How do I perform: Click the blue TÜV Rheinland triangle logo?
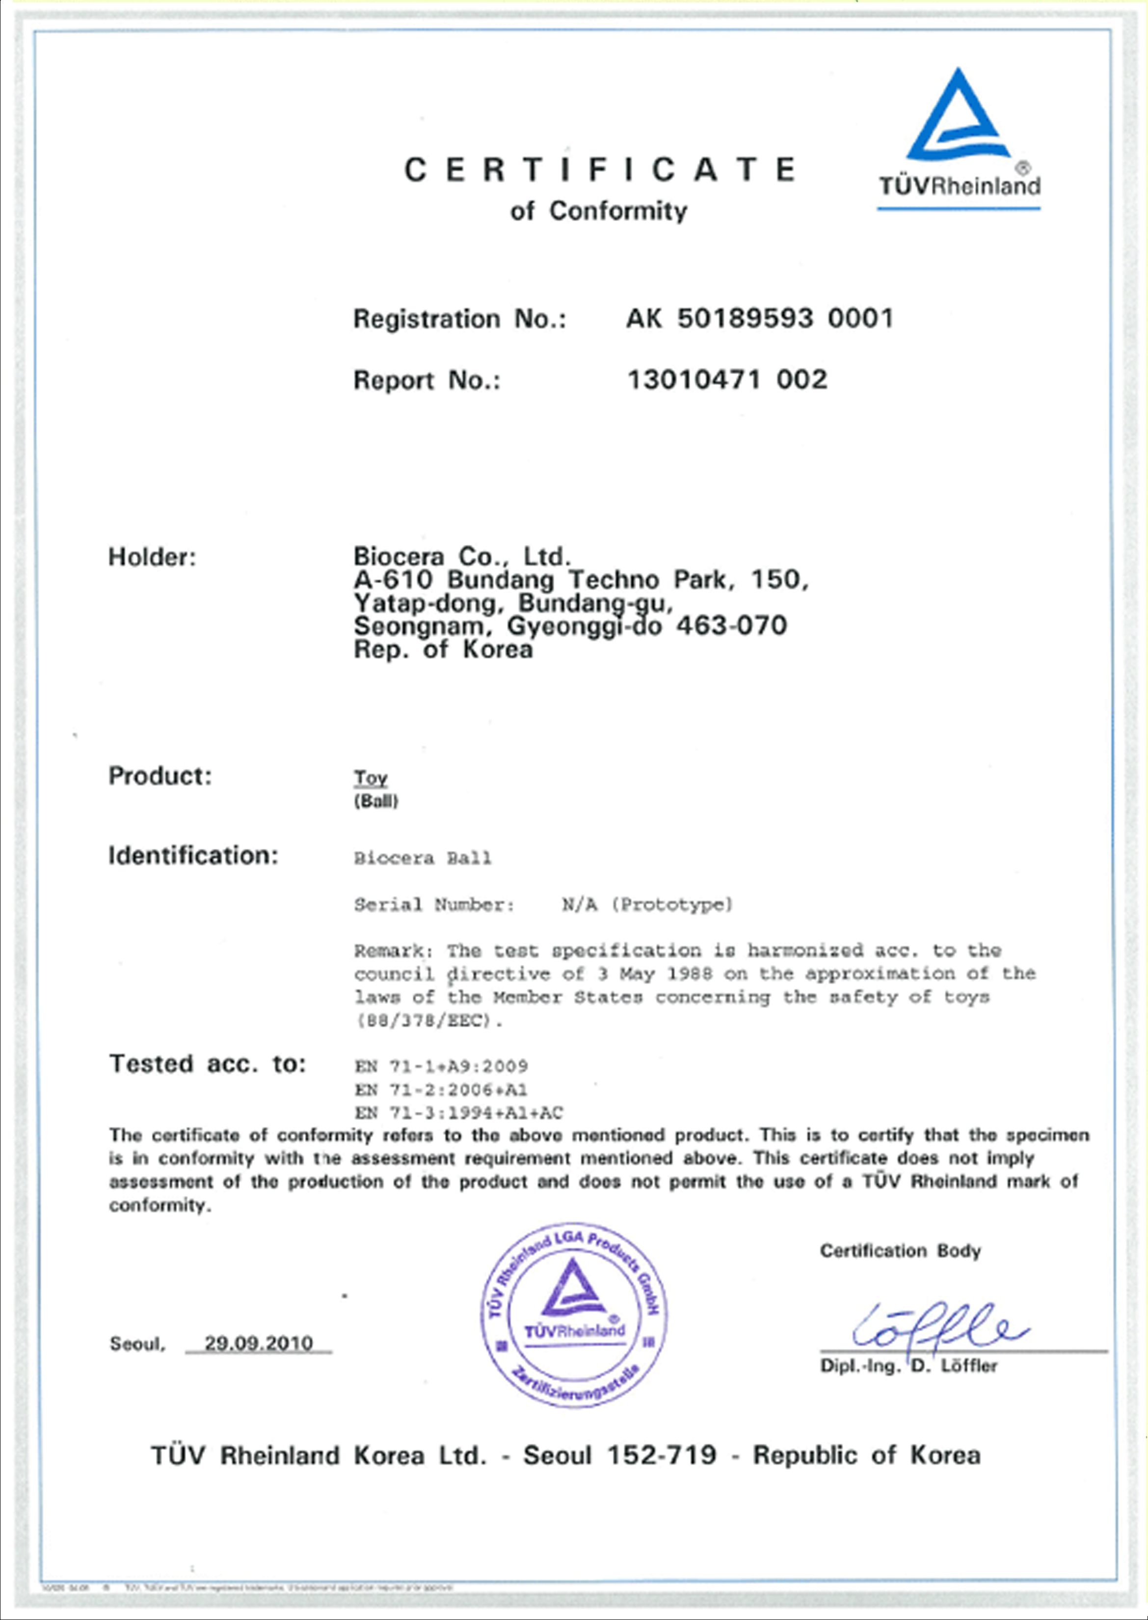click(958, 117)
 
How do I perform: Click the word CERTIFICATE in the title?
click(599, 170)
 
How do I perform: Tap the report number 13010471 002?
click(727, 380)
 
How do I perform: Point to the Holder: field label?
click(152, 557)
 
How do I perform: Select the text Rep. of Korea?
click(443, 649)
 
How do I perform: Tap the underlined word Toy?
click(371, 778)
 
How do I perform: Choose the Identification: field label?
click(193, 856)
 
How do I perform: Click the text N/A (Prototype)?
click(647, 904)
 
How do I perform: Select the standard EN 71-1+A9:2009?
click(441, 1066)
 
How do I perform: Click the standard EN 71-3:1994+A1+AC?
click(459, 1113)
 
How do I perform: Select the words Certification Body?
click(900, 1251)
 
